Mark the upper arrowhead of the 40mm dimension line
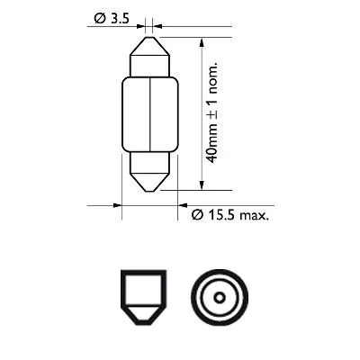pyautogui.click(x=202, y=41)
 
